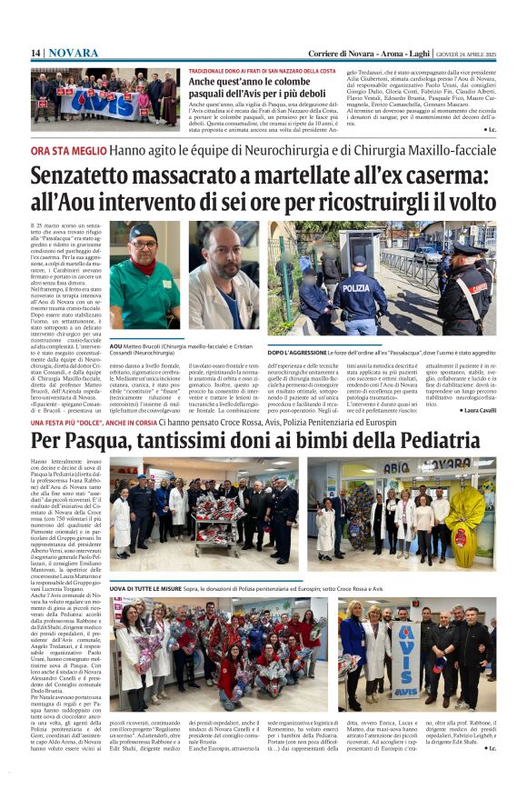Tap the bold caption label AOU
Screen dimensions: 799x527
pyautogui.click(x=115, y=346)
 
